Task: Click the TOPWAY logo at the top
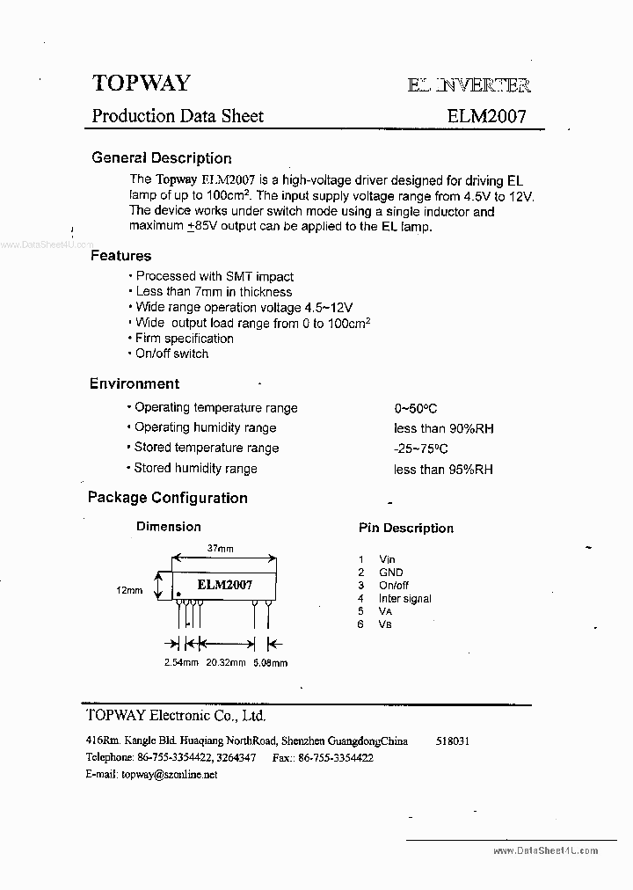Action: pos(141,83)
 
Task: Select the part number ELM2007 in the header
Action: pos(486,116)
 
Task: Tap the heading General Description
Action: pos(162,158)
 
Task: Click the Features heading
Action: pos(120,256)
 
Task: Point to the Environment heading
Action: pos(134,383)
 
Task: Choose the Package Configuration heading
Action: pos(167,498)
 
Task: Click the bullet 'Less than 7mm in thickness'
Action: pos(213,292)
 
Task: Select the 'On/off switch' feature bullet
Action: pos(171,354)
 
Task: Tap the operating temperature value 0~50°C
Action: pos(416,409)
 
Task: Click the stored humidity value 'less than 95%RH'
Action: pos(443,470)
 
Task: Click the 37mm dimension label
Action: pos(220,549)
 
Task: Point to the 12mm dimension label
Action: pos(128,590)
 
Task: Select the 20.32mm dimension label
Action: pos(226,663)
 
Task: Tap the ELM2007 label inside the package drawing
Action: pos(224,585)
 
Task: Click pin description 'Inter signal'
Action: pos(404,599)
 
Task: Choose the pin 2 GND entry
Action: pos(390,573)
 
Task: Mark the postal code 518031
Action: pos(452,741)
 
